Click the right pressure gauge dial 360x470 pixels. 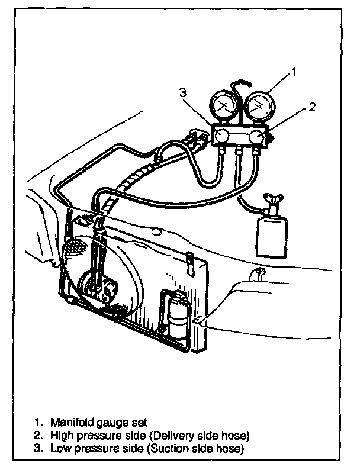click(x=259, y=105)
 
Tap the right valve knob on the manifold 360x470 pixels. click(x=256, y=138)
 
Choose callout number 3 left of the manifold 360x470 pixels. click(x=184, y=92)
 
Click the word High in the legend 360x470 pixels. click(x=60, y=436)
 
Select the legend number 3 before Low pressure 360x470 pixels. click(x=38, y=449)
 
